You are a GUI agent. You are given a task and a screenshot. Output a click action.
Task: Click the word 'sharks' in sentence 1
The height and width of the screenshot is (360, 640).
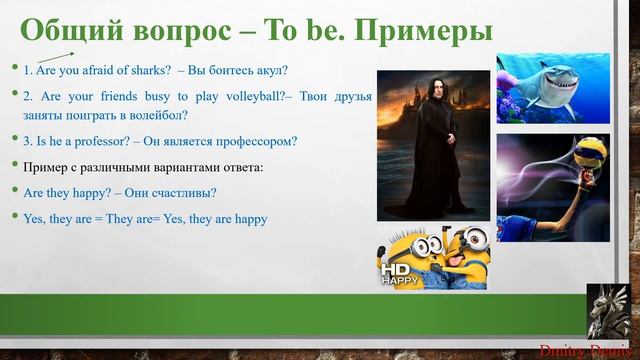click(x=150, y=70)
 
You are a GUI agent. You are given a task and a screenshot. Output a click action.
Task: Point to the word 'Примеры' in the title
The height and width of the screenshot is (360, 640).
click(x=423, y=29)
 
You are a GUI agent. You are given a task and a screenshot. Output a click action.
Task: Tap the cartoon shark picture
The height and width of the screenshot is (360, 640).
click(x=552, y=88)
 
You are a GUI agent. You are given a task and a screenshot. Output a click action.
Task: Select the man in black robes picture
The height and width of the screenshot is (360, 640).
click(x=433, y=145)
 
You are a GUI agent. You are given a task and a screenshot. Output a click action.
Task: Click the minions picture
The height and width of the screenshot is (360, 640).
click(x=433, y=257)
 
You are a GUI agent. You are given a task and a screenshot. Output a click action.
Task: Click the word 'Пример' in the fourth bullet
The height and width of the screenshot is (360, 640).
click(x=45, y=166)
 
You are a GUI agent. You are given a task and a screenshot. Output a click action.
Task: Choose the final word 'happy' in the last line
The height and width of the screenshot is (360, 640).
click(x=251, y=217)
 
